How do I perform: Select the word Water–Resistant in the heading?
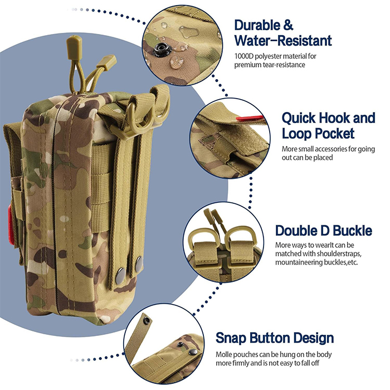[x=282, y=41]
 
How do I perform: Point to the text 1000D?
[x=245, y=56]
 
